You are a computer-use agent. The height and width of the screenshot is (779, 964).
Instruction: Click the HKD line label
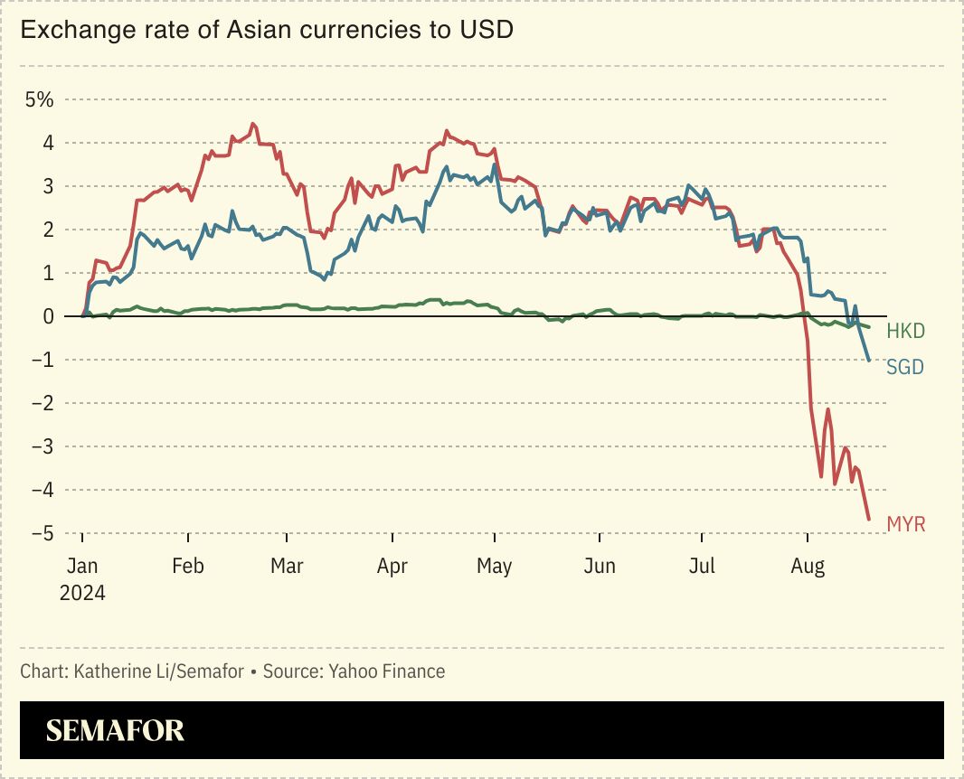click(x=905, y=331)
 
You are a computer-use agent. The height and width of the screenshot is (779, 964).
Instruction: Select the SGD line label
click(x=905, y=367)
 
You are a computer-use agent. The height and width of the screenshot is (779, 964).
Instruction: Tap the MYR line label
click(x=905, y=524)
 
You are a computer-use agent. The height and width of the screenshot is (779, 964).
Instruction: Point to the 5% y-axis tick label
click(x=39, y=99)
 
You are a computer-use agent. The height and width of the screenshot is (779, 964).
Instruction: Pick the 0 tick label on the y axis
click(x=49, y=316)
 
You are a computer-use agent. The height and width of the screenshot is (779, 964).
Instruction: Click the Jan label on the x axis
click(x=82, y=567)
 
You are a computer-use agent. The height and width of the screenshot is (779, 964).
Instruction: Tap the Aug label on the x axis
click(x=808, y=567)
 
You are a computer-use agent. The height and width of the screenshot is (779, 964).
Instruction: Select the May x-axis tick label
click(x=494, y=567)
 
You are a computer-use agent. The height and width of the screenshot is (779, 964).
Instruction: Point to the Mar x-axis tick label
click(x=287, y=567)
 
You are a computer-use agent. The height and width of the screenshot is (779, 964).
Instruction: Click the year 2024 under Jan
click(x=82, y=593)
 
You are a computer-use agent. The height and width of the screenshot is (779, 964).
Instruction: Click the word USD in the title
click(x=487, y=30)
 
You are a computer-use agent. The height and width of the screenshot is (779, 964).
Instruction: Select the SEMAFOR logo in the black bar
click(x=115, y=730)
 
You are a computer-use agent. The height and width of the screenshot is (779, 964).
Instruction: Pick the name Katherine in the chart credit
click(x=110, y=671)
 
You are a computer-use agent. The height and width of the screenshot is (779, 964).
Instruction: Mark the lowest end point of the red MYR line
click(x=869, y=520)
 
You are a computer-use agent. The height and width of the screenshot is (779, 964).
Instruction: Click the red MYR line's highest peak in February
click(x=253, y=124)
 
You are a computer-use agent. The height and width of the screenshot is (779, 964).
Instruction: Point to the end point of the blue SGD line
click(x=869, y=361)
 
